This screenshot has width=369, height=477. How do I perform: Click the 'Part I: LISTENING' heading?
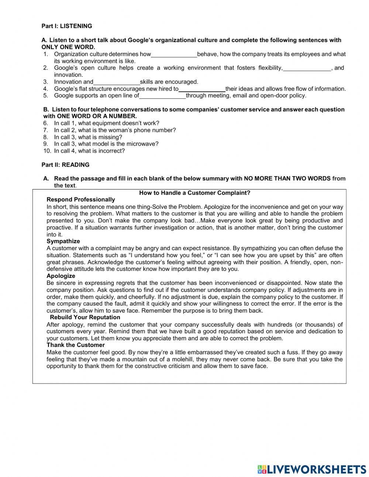click(66, 26)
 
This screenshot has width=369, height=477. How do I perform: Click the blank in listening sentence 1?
click(174, 54)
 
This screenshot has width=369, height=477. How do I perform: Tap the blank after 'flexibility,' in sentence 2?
click(307, 68)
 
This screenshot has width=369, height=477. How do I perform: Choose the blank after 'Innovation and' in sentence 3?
click(117, 82)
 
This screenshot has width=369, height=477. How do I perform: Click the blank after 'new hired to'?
click(202, 89)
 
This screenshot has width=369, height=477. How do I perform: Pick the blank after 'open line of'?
click(162, 96)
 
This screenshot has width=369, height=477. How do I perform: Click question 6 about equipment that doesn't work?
click(106, 123)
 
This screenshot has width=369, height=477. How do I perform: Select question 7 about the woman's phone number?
click(115, 130)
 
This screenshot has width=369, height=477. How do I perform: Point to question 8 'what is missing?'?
click(88, 137)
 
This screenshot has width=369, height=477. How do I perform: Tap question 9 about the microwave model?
click(106, 144)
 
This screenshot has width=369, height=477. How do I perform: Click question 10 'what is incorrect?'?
click(89, 151)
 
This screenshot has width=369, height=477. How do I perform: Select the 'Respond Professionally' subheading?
click(81, 200)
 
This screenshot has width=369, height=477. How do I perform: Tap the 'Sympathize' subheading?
click(63, 241)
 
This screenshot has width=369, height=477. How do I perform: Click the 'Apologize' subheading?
click(61, 276)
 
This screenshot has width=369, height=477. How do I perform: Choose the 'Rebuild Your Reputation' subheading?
click(85, 317)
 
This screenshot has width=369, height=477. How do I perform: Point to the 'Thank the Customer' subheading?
click(76, 345)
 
